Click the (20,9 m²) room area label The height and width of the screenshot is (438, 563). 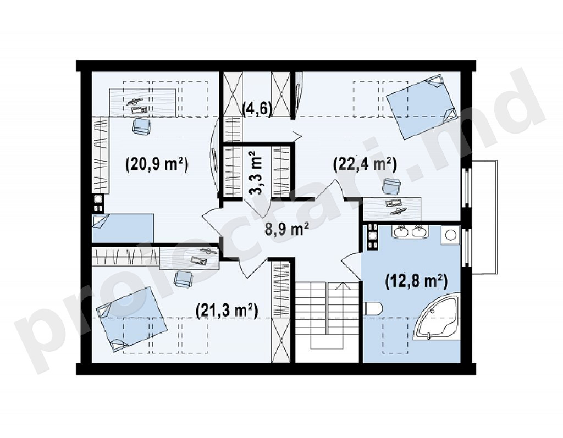tap(157, 165)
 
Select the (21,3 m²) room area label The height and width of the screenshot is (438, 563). tap(227, 311)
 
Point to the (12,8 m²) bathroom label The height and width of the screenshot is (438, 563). tap(417, 281)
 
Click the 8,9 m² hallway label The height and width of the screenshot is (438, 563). tap(287, 229)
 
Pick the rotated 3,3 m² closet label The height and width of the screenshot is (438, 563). tap(256, 173)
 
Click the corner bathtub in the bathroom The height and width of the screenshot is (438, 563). tap(436, 317)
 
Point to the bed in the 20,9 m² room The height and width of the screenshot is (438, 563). tap(123, 228)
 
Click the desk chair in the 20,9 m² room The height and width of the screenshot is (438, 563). tap(142, 126)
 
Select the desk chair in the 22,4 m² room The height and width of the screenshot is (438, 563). tap(391, 186)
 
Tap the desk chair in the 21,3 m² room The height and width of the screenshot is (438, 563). tap(183, 279)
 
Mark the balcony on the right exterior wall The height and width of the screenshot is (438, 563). tap(485, 218)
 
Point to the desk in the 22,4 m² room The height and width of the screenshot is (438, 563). tap(392, 209)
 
